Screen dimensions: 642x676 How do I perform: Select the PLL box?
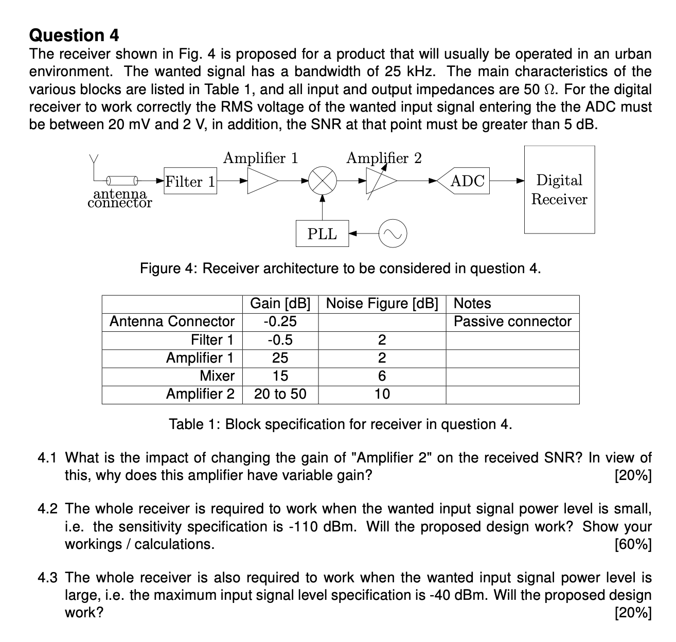point(322,234)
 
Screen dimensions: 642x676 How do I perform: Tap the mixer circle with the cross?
point(322,181)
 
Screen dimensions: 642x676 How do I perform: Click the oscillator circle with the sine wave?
point(393,234)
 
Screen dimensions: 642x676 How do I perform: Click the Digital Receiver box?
point(559,189)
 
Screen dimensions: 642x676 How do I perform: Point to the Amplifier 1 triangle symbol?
point(261,181)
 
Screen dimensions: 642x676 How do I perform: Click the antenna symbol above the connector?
point(94,160)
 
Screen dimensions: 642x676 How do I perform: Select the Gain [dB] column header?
point(280,304)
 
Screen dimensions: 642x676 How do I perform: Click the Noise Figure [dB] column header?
point(382,304)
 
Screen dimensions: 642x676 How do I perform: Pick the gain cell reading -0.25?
point(280,322)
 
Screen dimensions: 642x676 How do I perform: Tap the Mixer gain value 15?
point(280,376)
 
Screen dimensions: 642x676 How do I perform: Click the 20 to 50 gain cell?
point(280,394)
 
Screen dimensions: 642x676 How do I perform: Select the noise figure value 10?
point(382,394)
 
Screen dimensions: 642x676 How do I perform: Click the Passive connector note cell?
point(512,322)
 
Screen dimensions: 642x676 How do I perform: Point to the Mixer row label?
point(217,376)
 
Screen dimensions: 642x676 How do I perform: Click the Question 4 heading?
point(74,35)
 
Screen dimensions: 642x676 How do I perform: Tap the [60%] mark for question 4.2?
point(633,544)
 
